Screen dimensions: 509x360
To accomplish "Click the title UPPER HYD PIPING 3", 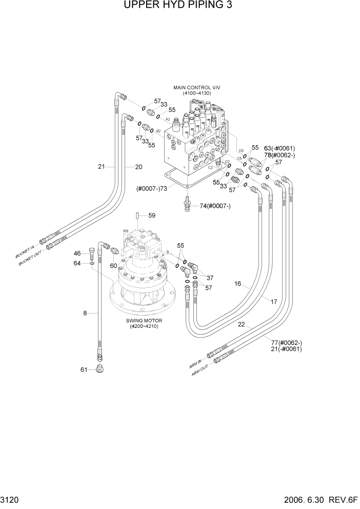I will (179, 7).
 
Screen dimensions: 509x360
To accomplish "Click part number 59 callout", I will (152, 216).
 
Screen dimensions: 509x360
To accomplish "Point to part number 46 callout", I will (77, 253).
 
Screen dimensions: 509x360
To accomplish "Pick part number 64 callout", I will (77, 263).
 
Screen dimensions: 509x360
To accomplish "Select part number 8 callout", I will (85, 312).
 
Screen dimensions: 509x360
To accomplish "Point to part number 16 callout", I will (238, 283).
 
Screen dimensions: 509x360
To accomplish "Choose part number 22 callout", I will (241, 324).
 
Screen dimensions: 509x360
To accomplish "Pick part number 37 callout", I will (210, 278).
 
